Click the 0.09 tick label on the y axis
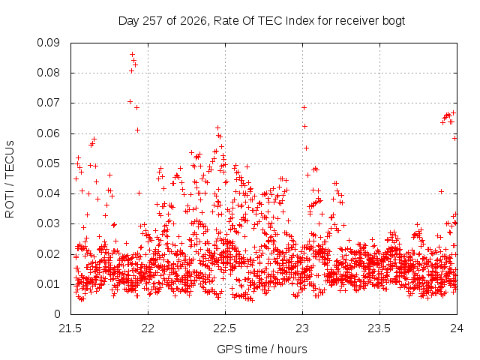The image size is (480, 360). click(48, 43)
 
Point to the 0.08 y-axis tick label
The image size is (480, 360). click(48, 73)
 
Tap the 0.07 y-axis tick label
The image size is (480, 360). click(48, 103)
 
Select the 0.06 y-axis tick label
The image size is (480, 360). click(48, 133)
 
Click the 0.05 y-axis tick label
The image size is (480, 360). click(48, 163)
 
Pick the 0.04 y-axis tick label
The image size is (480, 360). click(48, 193)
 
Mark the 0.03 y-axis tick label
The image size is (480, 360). click(48, 223)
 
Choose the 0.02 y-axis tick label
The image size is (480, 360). click(48, 254)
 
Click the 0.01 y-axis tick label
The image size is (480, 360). click(48, 284)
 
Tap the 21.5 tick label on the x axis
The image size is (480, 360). click(70, 328)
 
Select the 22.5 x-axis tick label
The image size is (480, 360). click(225, 328)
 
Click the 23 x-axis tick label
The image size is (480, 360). click(302, 328)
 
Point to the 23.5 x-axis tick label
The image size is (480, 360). click(379, 328)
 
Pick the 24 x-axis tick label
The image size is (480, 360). click(457, 328)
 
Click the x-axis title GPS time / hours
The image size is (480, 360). click(262, 349)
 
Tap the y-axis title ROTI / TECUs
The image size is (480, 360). click(10, 179)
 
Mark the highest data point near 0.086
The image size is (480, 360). click(132, 54)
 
